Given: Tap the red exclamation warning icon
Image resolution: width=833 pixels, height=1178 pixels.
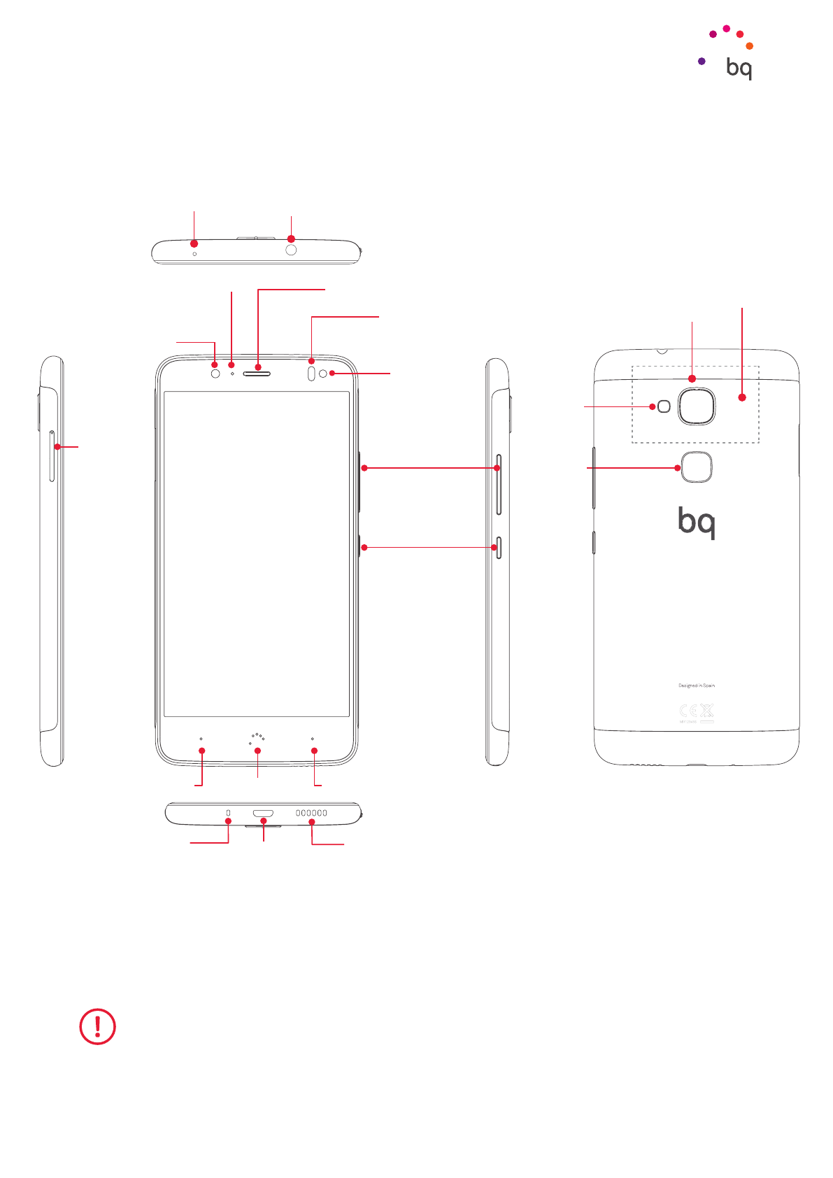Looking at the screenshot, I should [97, 1026].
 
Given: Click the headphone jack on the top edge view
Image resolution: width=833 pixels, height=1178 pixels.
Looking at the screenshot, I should [291, 250].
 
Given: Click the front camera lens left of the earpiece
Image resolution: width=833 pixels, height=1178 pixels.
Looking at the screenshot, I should [215, 374].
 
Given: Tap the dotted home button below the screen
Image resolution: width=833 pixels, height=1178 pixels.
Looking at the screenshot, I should [257, 739].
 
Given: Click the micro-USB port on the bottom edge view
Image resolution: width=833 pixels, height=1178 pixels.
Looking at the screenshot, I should [263, 814].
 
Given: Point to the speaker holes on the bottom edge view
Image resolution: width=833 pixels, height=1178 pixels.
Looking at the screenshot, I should [311, 814].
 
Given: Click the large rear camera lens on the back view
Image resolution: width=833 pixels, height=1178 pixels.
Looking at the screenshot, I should [696, 406].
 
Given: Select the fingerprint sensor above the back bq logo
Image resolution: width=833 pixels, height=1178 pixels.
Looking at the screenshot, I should [695, 467].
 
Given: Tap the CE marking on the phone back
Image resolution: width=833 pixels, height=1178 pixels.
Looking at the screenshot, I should [688, 711].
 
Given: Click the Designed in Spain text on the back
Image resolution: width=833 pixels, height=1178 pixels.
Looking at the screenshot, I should [697, 686].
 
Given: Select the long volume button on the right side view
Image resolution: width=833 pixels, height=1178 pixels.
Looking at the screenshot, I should [499, 484].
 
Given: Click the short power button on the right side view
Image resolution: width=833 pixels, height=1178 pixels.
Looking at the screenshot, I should [499, 548].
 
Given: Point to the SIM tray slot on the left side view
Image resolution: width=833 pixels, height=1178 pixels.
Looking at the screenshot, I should [52, 456].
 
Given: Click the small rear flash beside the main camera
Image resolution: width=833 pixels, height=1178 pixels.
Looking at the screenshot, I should [664, 406].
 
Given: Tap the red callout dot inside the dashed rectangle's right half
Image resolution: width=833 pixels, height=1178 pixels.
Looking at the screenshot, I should [742, 397].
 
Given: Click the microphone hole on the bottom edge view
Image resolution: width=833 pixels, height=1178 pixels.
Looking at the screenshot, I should [228, 813].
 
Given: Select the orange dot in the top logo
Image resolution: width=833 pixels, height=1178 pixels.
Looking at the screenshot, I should [749, 46].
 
